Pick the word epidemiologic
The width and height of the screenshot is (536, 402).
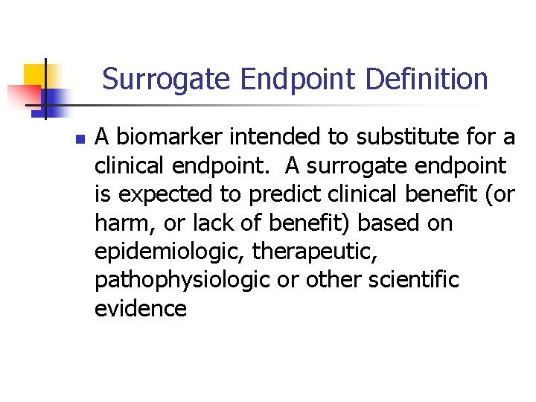pyautogui.click(x=170, y=252)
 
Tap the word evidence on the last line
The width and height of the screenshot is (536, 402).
pyautogui.click(x=140, y=309)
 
